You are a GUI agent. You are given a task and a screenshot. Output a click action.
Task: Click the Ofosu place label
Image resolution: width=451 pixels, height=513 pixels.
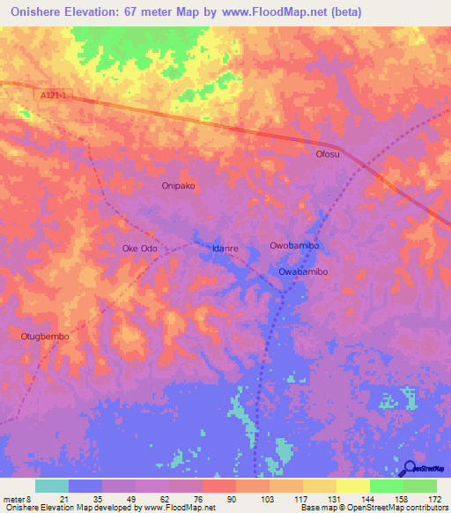tap(328, 154)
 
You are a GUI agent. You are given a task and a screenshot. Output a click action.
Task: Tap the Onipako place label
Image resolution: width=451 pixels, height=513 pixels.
tap(178, 186)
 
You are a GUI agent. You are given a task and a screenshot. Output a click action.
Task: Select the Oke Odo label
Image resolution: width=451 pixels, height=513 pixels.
tap(139, 249)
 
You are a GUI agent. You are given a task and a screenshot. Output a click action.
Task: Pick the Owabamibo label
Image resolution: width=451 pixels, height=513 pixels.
tap(303, 272)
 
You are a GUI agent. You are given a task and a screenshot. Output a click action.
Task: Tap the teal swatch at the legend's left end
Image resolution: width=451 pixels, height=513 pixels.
tap(52, 486)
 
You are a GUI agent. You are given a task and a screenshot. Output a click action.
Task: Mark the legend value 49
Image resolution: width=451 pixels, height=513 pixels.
tap(120, 499)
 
